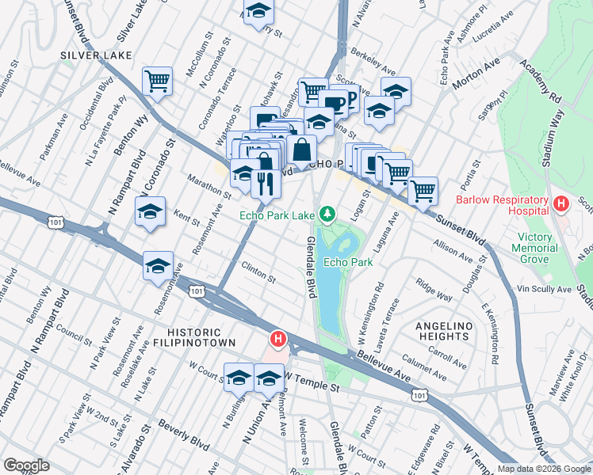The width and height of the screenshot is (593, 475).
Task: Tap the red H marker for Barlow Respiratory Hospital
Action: pos(561,204)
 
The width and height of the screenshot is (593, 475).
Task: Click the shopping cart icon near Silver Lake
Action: pos(158,81)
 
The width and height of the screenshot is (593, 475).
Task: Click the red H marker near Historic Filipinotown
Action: pos(278,340)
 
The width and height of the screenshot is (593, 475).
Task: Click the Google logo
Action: pos(26,465)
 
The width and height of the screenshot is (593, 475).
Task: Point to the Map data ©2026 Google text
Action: pos(543,469)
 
